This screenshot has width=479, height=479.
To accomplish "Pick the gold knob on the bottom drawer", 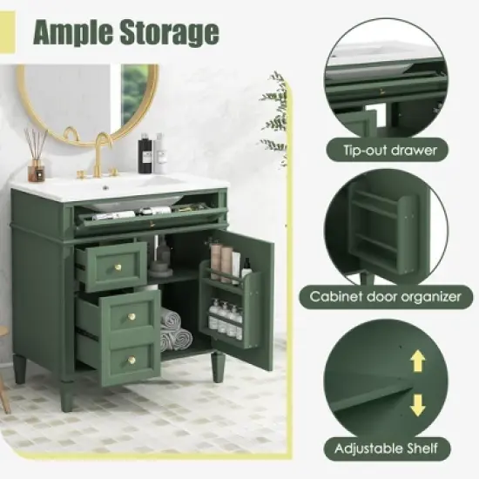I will (131, 359).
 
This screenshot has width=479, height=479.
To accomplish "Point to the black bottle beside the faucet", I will (145, 154).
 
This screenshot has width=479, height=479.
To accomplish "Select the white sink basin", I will (139, 184).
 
